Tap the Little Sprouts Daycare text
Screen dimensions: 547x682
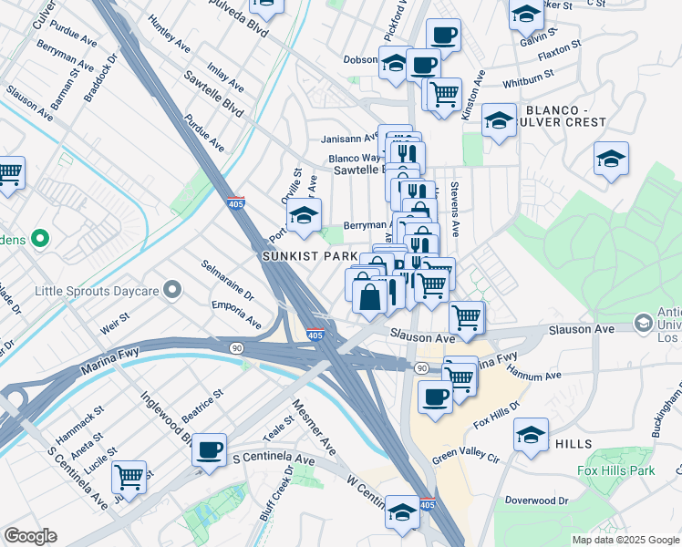pyautogui.click(x=96, y=292)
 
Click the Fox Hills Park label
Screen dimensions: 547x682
pyautogui.click(x=616, y=471)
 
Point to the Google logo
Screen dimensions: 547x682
pyautogui.click(x=30, y=536)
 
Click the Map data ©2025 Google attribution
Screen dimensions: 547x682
pyautogui.click(x=625, y=540)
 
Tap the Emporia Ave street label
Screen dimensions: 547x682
pyautogui.click(x=236, y=314)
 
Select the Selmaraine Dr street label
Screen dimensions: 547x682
pyautogui.click(x=228, y=280)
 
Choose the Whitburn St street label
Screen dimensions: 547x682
pyautogui.click(x=522, y=81)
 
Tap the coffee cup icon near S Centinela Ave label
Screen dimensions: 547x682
pyautogui.click(x=210, y=449)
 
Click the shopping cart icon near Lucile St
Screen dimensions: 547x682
pyautogui.click(x=129, y=476)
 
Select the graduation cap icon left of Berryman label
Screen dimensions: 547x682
pyautogui.click(x=304, y=216)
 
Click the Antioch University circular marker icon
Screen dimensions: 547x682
pyautogui.click(x=645, y=325)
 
